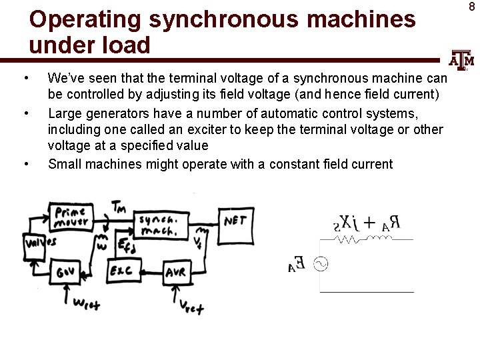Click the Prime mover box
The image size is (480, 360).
[71, 216]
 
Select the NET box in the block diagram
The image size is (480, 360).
[235, 221]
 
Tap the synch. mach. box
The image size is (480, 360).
[158, 226]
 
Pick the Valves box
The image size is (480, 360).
[40, 243]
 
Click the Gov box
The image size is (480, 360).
[66, 272]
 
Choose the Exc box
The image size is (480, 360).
[122, 271]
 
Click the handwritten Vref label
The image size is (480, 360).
[191, 305]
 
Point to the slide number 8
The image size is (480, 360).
[471, 7]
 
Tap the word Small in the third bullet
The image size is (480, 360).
[64, 164]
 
